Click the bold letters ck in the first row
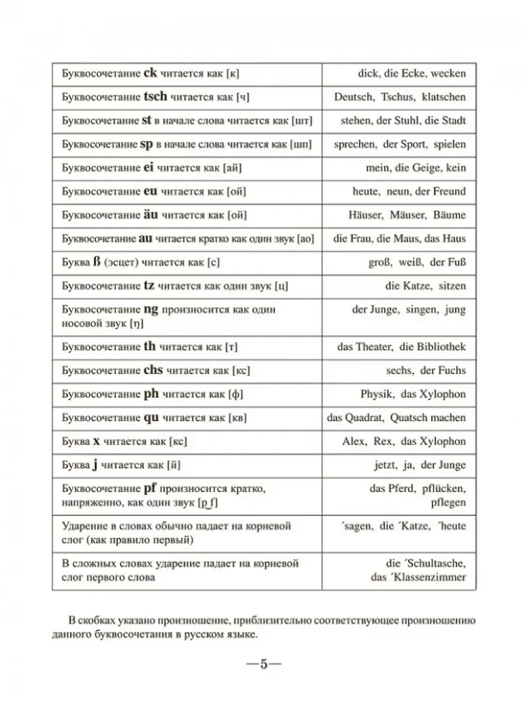(x=151, y=72)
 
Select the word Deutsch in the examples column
(x=354, y=97)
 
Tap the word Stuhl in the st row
(x=407, y=120)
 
